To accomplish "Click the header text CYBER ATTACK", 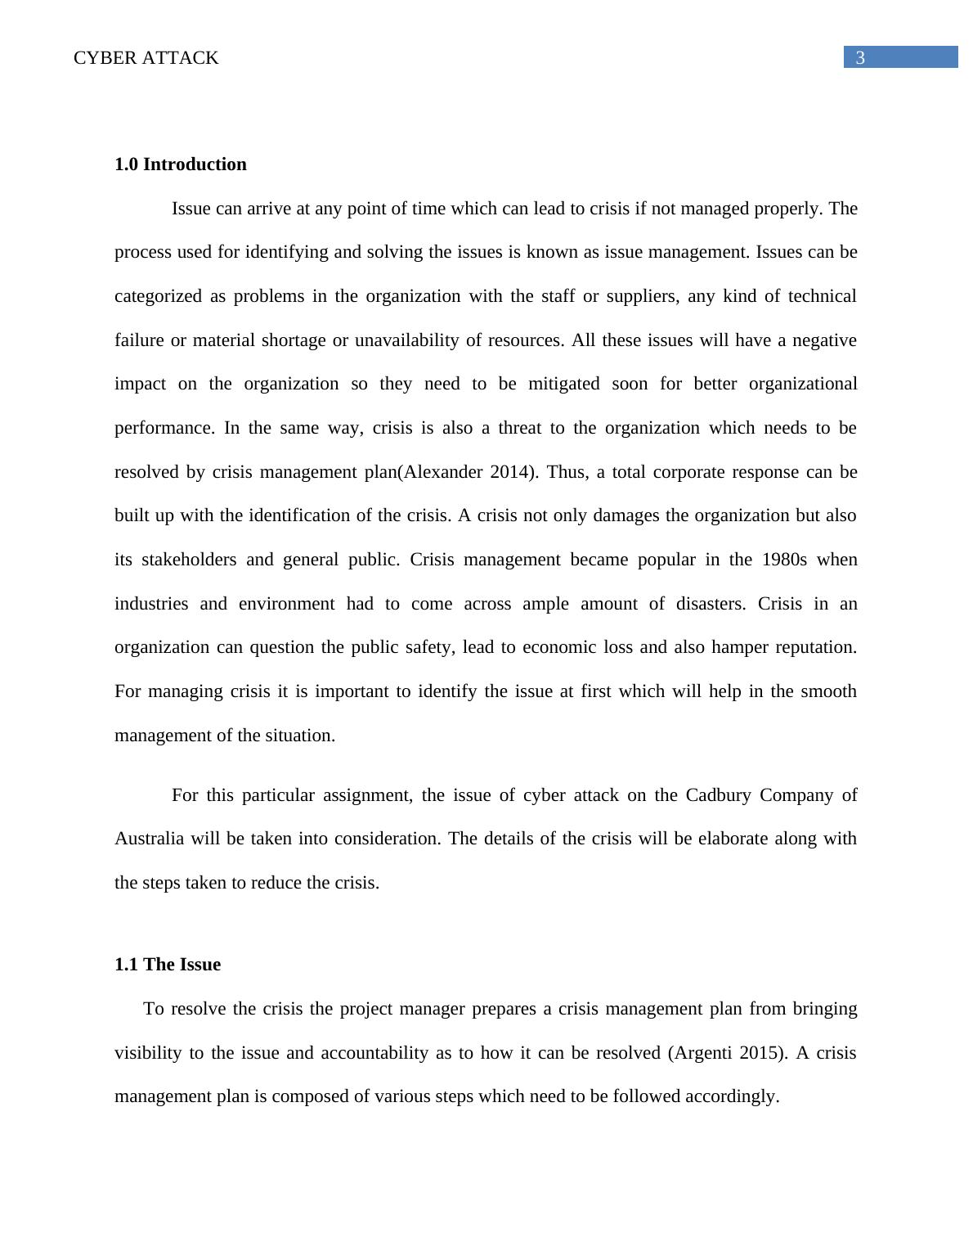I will pos(146,58).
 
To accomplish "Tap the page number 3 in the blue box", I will pos(860,57).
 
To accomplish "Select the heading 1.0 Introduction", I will pos(180,164).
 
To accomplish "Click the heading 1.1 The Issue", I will pos(167,965).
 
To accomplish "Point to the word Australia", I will pos(150,839).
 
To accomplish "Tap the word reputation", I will pos(814,647).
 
